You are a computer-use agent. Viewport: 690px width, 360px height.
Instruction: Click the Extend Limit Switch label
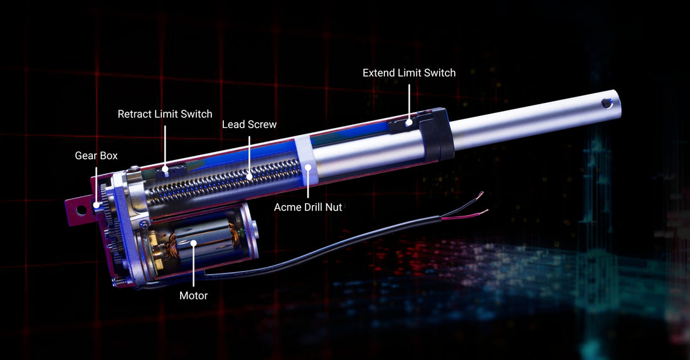[409, 73]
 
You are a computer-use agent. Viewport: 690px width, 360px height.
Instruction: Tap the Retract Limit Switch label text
[165, 114]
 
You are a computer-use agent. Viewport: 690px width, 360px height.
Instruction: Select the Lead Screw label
[249, 124]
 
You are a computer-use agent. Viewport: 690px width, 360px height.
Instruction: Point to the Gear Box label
[96, 156]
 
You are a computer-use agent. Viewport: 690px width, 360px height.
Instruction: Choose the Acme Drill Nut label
[308, 206]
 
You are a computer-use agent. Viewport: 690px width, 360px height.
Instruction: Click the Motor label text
[193, 295]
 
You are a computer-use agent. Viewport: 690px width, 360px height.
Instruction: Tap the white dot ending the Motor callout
[194, 243]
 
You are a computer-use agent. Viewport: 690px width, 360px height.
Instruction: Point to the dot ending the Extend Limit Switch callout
[409, 123]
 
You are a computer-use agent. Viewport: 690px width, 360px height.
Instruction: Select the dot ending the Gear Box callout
[96, 204]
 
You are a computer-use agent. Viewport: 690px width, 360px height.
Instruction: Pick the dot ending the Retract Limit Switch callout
[165, 169]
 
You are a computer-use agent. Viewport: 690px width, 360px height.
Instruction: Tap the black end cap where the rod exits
[440, 134]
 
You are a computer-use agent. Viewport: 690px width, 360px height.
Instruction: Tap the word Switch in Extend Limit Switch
[440, 73]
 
